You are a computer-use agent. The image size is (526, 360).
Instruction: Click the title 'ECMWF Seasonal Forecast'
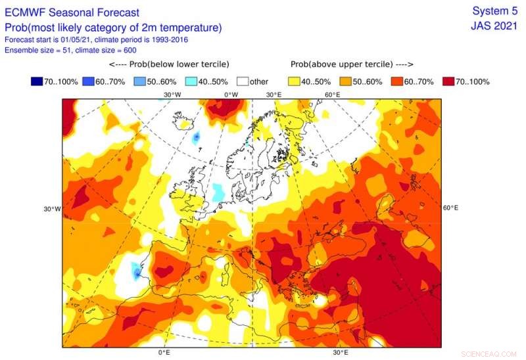click(72, 12)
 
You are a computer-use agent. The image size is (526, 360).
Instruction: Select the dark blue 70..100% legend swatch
click(36, 81)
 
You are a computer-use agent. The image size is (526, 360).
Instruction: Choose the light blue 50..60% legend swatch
click(139, 81)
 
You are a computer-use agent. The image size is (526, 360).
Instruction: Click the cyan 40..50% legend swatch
click(191, 81)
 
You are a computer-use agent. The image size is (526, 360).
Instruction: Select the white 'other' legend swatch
click(242, 81)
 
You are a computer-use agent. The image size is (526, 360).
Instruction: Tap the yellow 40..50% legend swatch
click(294, 81)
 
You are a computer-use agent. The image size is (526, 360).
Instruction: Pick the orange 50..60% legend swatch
click(345, 81)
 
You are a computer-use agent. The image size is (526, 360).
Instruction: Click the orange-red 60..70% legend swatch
click(397, 81)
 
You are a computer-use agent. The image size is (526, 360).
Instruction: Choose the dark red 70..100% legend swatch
click(448, 81)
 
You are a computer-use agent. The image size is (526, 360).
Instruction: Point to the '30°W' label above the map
click(172, 95)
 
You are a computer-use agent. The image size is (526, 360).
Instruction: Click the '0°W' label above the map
click(231, 95)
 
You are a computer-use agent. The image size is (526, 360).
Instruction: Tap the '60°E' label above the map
click(332, 95)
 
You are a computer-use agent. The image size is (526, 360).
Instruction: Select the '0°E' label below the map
click(164, 352)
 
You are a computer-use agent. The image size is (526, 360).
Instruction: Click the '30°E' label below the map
click(340, 352)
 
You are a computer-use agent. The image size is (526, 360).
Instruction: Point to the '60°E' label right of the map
click(450, 208)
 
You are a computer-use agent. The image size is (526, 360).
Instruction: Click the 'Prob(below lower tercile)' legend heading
click(169, 64)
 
